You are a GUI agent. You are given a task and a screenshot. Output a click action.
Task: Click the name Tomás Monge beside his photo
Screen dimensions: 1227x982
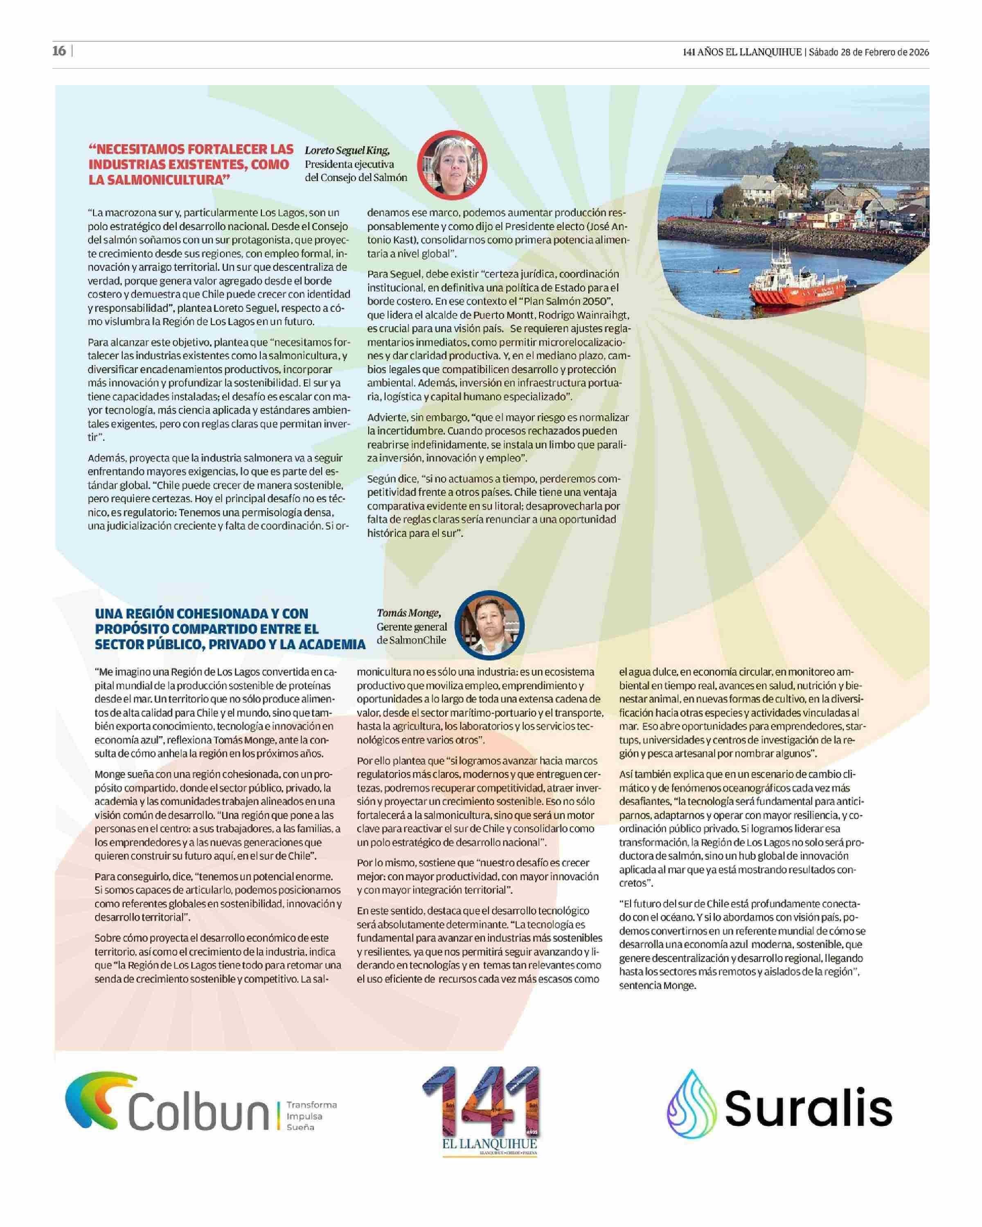click(408, 613)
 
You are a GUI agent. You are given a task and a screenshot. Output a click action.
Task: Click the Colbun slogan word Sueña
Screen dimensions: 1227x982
click(301, 1127)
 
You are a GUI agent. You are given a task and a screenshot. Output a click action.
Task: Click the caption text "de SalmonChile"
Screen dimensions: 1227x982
click(411, 640)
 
